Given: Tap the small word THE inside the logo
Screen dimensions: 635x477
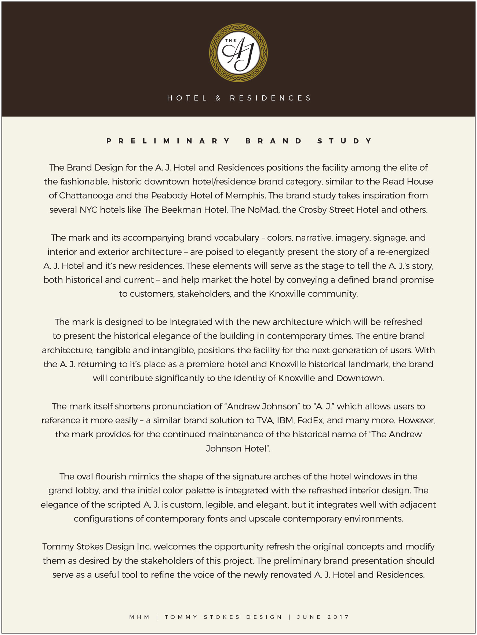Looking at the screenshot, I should pyautogui.click(x=230, y=41).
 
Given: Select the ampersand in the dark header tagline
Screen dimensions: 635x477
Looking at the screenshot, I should pyautogui.click(x=218, y=98).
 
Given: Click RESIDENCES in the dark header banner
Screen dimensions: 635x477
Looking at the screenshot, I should pyautogui.click(x=270, y=98).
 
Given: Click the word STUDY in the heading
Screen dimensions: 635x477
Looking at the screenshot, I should pyautogui.click(x=345, y=141).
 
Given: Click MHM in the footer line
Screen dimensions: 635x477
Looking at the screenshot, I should pyautogui.click(x=139, y=617).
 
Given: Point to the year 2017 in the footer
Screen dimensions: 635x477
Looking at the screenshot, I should pyautogui.click(x=338, y=617).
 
